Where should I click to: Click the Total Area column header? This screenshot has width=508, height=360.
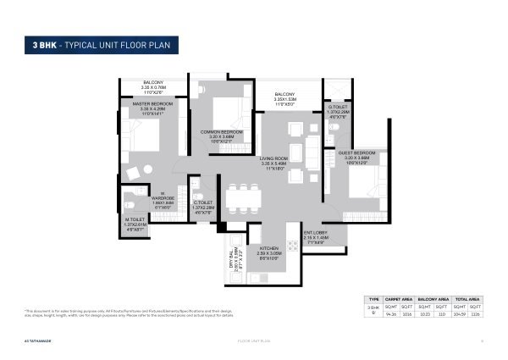(467, 299)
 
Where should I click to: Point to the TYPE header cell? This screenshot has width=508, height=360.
(373, 299)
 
